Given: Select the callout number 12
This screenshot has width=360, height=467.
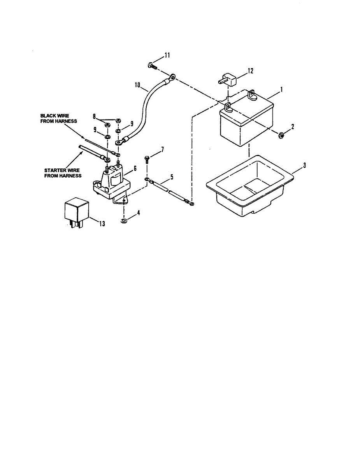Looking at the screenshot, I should pos(250,71).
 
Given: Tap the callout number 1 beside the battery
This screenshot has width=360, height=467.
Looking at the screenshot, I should pos(281,89).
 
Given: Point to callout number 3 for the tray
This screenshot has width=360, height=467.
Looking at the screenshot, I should pos(304,165).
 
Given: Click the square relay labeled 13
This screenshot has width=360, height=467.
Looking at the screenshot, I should pos(76,211).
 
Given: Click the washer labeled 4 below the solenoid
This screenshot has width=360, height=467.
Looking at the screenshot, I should pos(123,221).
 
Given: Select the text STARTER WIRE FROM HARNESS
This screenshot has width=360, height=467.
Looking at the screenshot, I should pos(63,173).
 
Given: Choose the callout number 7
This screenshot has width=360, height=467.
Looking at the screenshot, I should pos(163,149).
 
